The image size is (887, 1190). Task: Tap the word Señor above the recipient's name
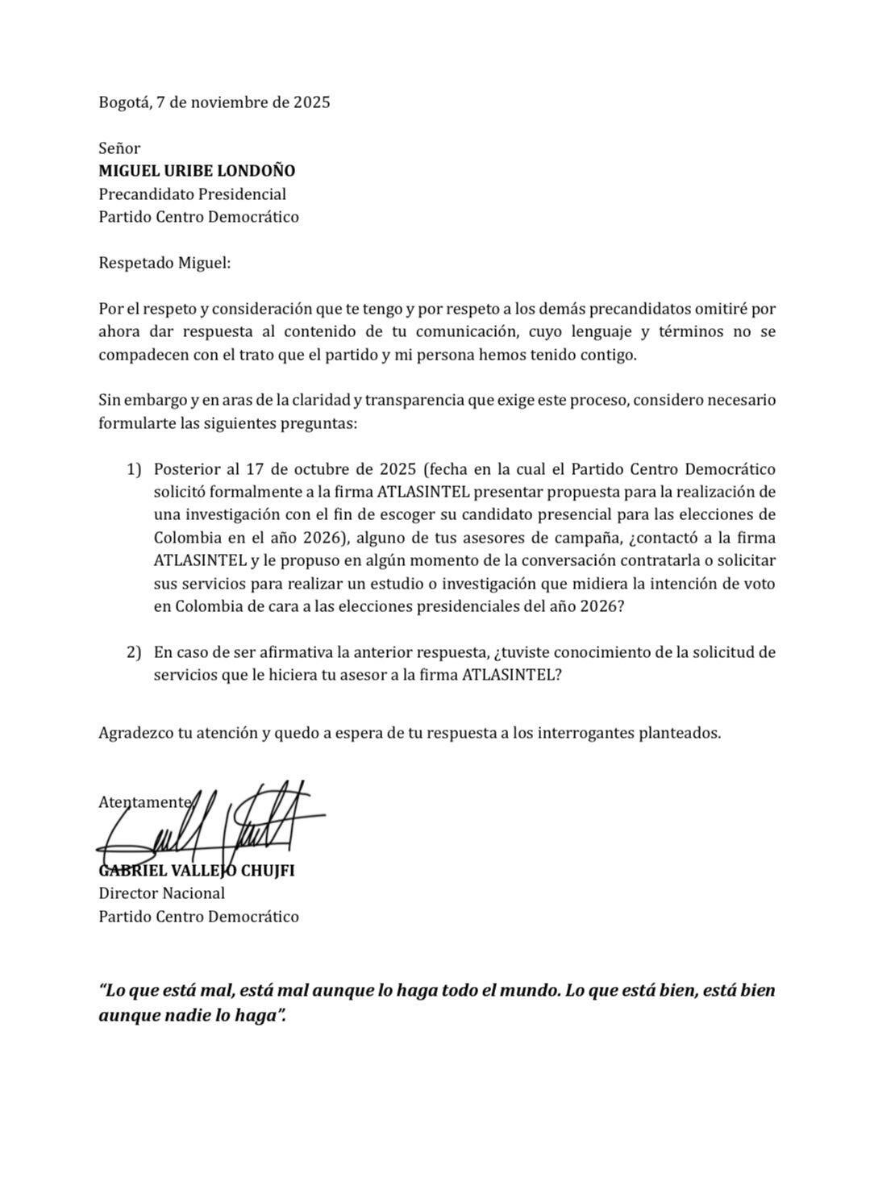tap(119, 148)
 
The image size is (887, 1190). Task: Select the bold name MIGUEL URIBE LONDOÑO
tap(197, 171)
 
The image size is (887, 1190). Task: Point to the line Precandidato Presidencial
tap(192, 194)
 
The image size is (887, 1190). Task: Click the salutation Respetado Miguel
tap(164, 263)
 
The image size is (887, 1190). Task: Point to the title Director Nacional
tap(161, 893)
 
